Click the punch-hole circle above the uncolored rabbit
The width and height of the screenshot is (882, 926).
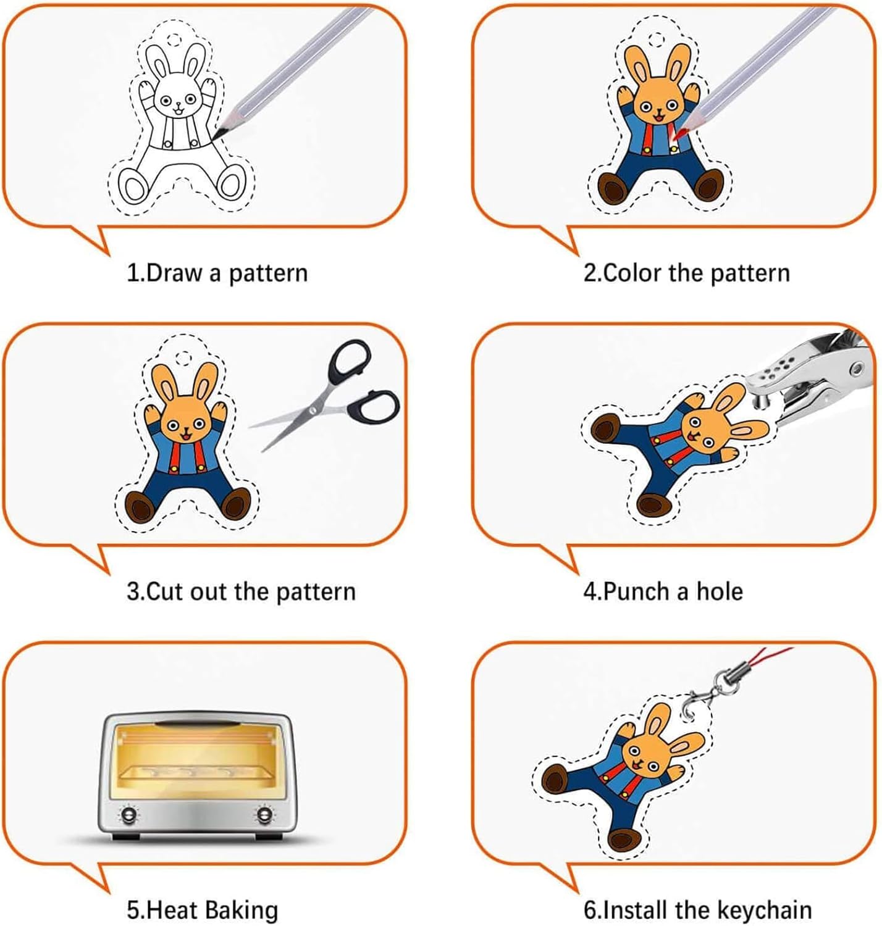(174, 39)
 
